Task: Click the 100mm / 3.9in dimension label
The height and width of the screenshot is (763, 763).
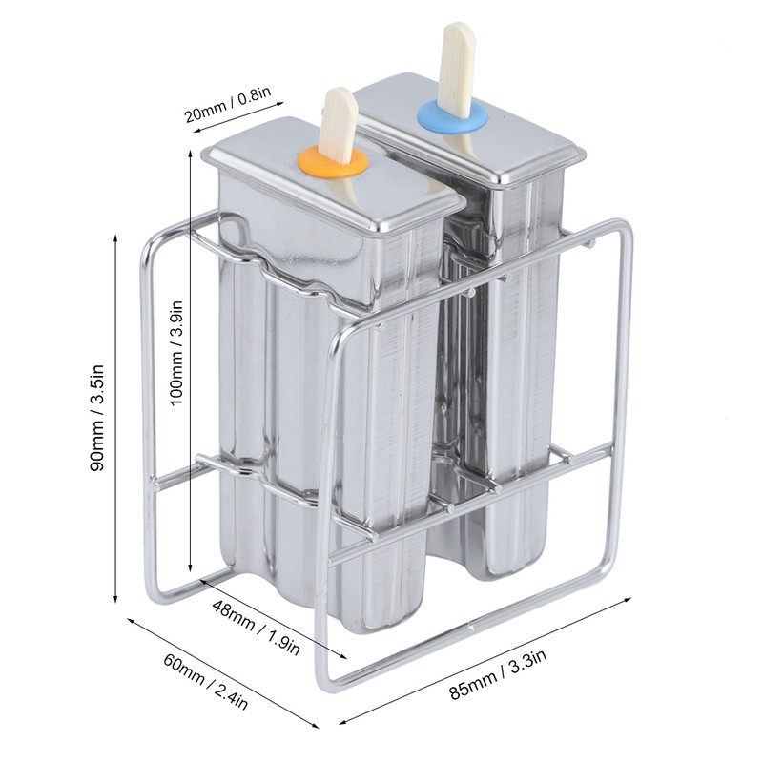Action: tap(175, 352)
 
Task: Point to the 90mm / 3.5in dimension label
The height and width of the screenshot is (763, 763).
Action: tap(97, 418)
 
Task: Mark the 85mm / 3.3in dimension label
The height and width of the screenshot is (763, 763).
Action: tap(497, 675)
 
